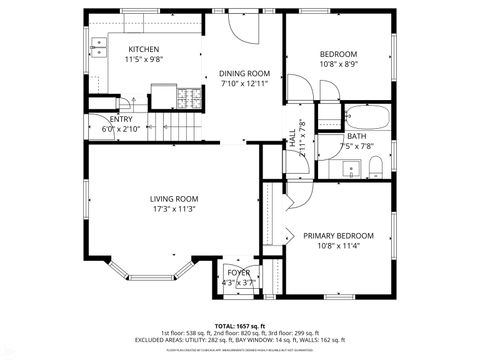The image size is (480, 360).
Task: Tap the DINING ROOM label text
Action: (245, 73)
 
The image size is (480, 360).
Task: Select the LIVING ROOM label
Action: (173, 198)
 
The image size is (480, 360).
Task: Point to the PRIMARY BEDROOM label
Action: (338, 236)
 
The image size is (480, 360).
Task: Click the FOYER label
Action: (238, 272)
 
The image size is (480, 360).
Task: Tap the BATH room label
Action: (357, 136)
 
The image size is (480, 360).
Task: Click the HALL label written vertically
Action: (293, 138)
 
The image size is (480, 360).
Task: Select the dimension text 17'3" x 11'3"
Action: (173, 209)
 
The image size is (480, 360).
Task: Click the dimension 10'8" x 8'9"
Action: (338, 64)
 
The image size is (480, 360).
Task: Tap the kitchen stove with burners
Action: (187, 97)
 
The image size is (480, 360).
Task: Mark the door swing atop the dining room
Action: (240, 28)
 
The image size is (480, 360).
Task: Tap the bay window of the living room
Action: (150, 272)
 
